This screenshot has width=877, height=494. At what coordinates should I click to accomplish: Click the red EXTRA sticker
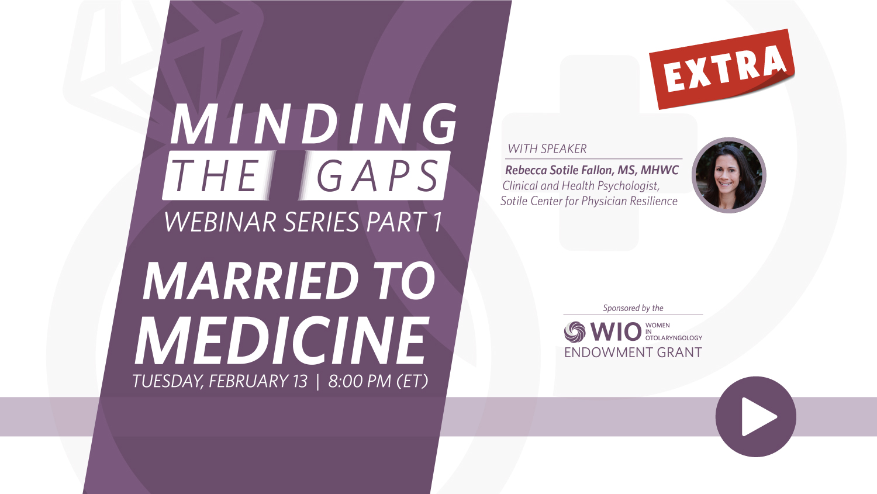click(722, 69)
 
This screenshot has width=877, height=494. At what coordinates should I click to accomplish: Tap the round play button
click(755, 416)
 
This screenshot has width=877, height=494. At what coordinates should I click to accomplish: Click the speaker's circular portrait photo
click(728, 175)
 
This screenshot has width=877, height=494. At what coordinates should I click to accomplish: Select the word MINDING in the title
click(313, 124)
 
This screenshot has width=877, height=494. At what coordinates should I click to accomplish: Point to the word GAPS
click(377, 176)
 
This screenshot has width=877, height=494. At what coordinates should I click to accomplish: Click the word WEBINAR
click(220, 222)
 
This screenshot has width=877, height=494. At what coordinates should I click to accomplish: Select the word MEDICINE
click(282, 340)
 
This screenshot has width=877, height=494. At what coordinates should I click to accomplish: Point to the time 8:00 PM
click(360, 381)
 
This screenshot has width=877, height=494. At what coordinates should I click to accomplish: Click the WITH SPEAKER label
click(547, 148)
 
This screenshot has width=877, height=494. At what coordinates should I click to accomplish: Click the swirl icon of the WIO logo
click(574, 332)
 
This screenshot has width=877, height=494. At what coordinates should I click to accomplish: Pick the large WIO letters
click(616, 332)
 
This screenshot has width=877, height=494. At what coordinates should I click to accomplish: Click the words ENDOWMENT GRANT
click(633, 353)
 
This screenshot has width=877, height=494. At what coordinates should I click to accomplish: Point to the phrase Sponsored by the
click(633, 308)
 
